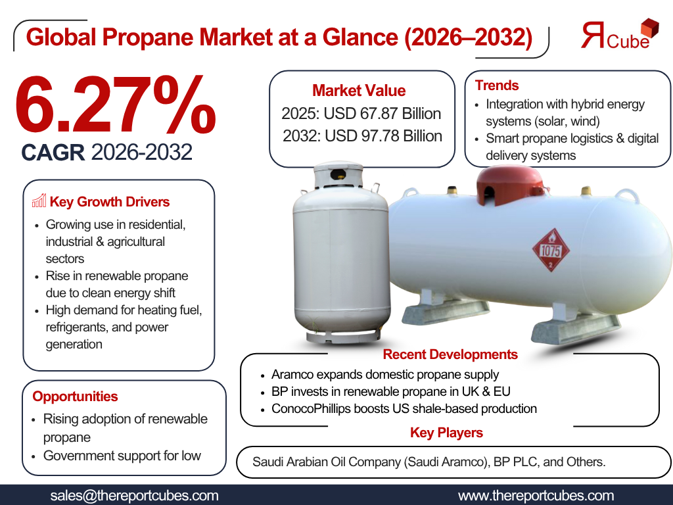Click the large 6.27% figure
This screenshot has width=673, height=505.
tap(115, 105)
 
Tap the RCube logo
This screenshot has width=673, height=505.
tap(619, 34)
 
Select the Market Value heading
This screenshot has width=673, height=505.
tap(359, 91)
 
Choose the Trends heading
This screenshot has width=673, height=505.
tap(497, 85)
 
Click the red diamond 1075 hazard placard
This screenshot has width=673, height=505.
tap(551, 250)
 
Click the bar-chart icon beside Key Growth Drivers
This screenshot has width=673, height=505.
tap(39, 201)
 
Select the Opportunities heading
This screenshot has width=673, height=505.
tap(75, 397)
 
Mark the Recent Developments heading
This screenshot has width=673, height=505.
tap(450, 354)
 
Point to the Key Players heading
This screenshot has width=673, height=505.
tap(446, 433)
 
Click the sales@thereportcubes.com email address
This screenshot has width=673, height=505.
tap(134, 496)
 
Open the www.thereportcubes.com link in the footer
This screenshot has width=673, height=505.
tap(536, 496)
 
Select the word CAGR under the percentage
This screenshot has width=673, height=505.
tap(53, 153)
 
